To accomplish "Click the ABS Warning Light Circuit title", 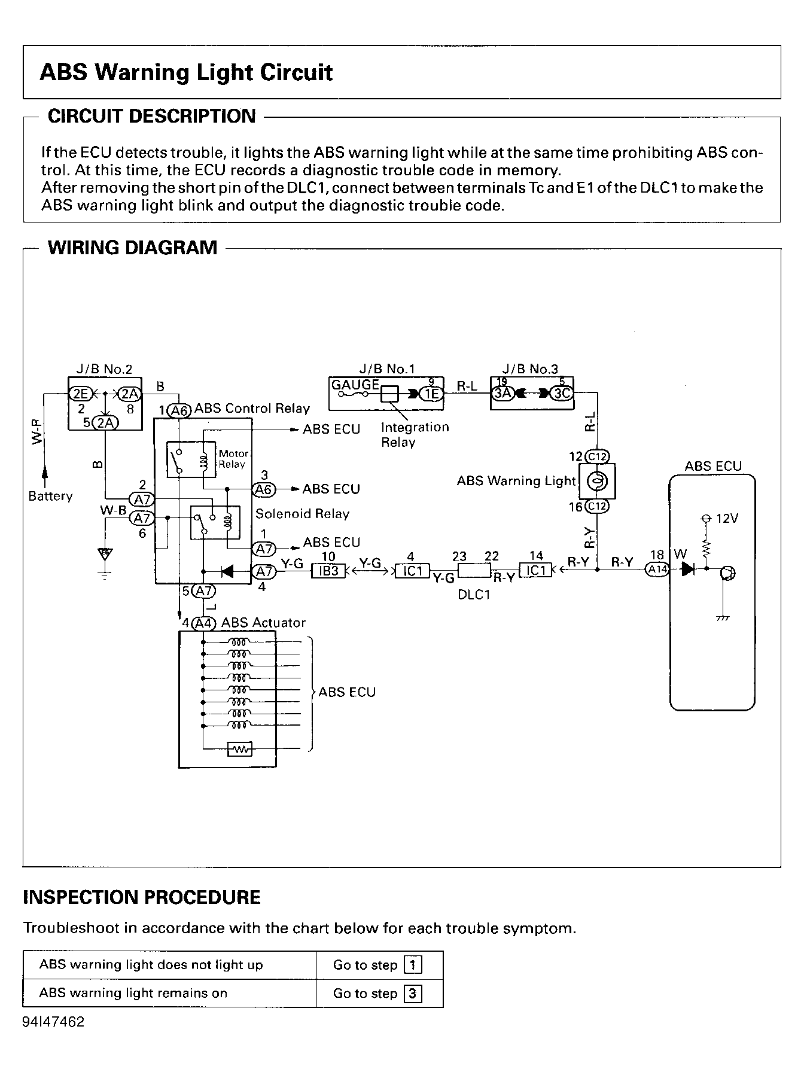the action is (x=186, y=72).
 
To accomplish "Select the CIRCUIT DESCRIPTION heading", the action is (x=152, y=116).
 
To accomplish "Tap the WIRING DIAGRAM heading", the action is (x=133, y=248).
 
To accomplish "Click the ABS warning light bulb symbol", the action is (x=596, y=481).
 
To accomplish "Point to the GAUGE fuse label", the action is (x=355, y=385).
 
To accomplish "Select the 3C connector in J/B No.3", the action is (x=562, y=394).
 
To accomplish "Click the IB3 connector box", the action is (x=329, y=571).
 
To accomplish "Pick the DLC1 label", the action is (x=474, y=596).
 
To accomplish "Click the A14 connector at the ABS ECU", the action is (x=657, y=569).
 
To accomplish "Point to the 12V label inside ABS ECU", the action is (x=727, y=519).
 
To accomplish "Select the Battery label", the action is (x=50, y=497).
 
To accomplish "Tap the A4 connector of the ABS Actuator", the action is (x=204, y=623).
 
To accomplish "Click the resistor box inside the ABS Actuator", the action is (x=240, y=749).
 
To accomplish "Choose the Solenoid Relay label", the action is (x=302, y=514).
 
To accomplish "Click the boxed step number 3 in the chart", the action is (x=413, y=994).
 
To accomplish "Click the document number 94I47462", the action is (x=54, y=1022).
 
